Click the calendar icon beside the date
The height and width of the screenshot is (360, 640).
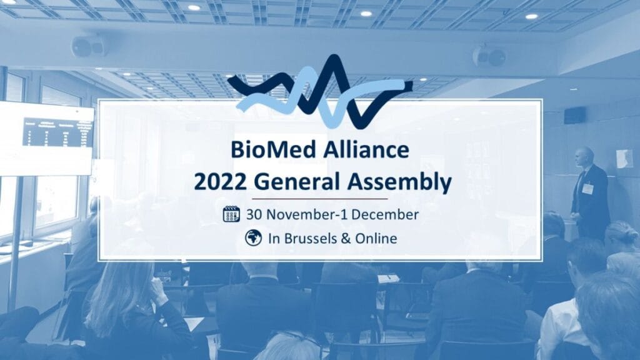coord(232,214)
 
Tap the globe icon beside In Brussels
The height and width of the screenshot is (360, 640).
coord(253,237)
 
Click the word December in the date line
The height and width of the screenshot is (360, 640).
coord(384,214)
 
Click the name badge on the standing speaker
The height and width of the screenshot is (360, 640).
coord(587,188)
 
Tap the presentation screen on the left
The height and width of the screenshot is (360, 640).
coord(47,139)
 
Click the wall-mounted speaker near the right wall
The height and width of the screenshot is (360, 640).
coord(574,115)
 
